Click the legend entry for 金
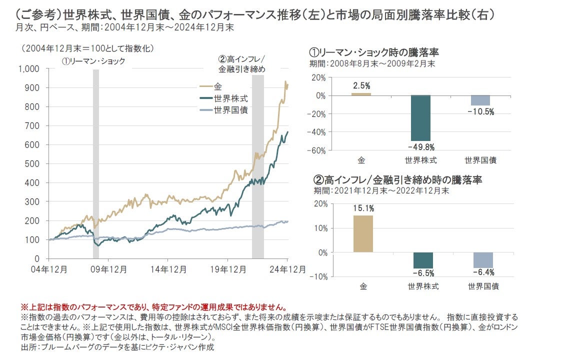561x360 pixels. [216, 87]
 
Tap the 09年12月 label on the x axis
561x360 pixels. [109, 268]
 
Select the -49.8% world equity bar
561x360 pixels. [420, 117]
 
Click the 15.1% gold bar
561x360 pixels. [363, 233]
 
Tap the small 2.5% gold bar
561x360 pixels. [361, 94]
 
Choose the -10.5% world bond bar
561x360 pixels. [480, 100]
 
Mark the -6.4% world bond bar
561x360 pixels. [483, 260]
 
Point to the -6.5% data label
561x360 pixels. [423, 273]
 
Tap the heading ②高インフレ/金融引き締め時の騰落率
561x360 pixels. [397, 180]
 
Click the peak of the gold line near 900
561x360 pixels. [285, 81]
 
